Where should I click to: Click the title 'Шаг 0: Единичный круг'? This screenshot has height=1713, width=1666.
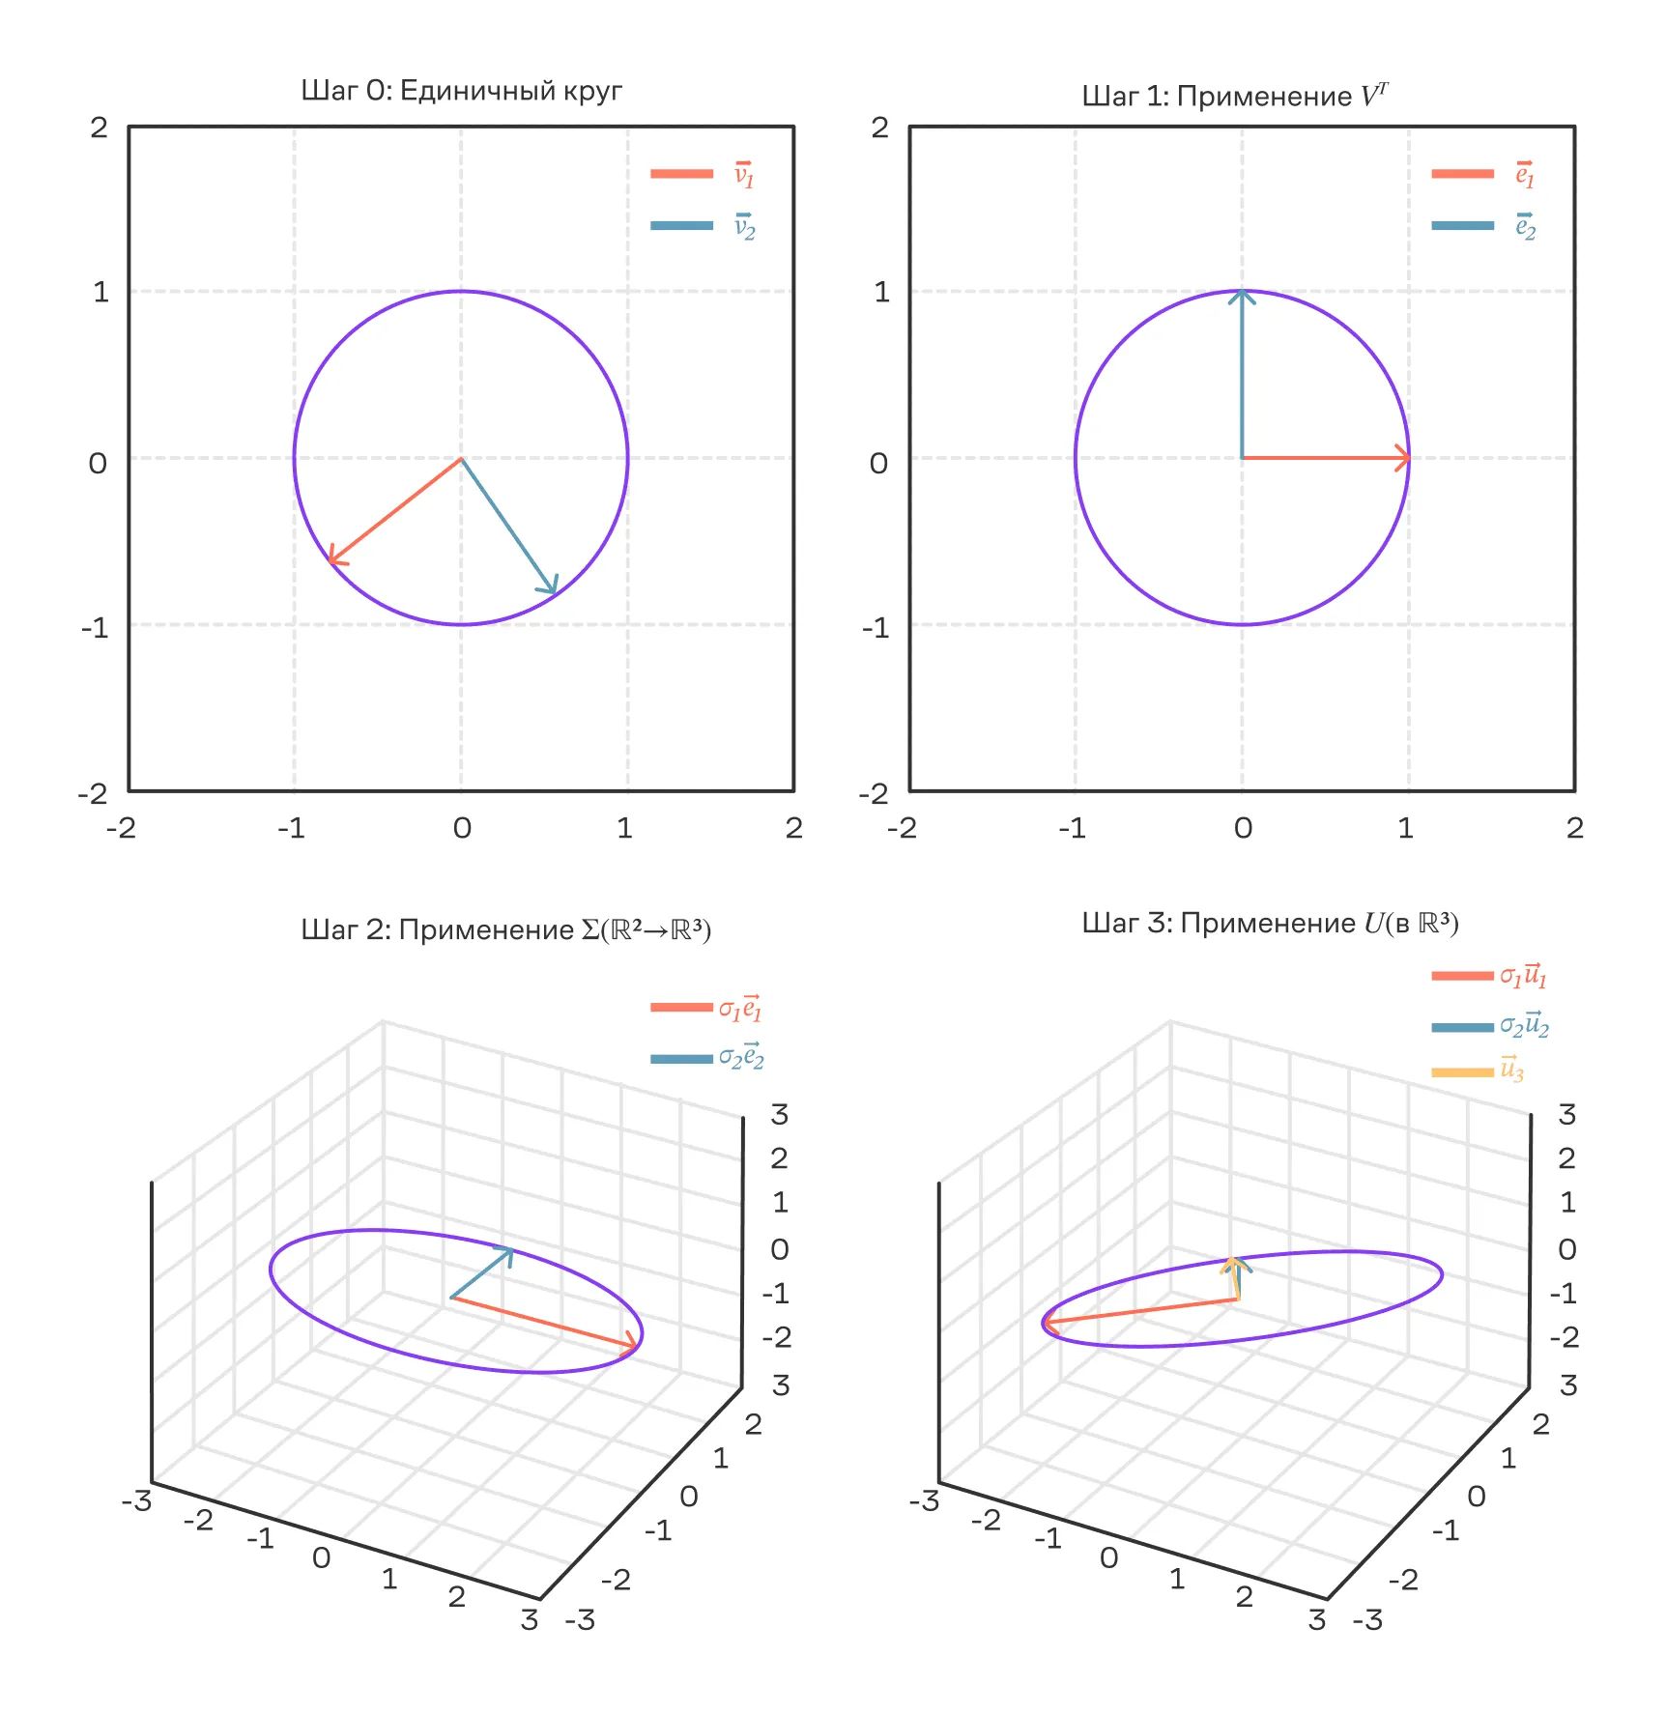coord(461,91)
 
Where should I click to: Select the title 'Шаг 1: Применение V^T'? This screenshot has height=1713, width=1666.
coord(1234,96)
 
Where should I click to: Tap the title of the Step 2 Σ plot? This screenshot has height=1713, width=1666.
coord(505,929)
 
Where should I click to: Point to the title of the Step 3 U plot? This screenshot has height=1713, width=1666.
coord(1269,923)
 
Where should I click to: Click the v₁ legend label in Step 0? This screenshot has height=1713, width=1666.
coord(743,175)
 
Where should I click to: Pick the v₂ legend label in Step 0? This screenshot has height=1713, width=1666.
coord(743,227)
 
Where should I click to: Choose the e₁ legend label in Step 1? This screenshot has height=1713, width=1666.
coord(1524,175)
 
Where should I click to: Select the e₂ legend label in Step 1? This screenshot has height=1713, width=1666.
coord(1524,227)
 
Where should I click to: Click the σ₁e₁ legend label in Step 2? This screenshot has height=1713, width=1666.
coord(740,1008)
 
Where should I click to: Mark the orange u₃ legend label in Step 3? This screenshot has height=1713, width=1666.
coord(1511,1071)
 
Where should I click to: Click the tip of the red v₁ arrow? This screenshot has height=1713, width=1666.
coord(330,562)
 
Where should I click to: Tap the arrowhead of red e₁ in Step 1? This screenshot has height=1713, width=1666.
coord(1408,458)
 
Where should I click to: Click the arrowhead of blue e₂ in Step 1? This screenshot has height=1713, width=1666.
coord(1242,292)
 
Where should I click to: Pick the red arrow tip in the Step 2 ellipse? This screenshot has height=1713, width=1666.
coord(636,1345)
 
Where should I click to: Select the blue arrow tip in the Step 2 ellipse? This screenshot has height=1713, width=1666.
coord(511,1249)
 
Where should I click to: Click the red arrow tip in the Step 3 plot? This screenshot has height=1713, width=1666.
coord(1046,1323)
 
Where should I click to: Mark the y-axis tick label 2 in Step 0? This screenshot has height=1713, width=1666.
coord(99,127)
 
